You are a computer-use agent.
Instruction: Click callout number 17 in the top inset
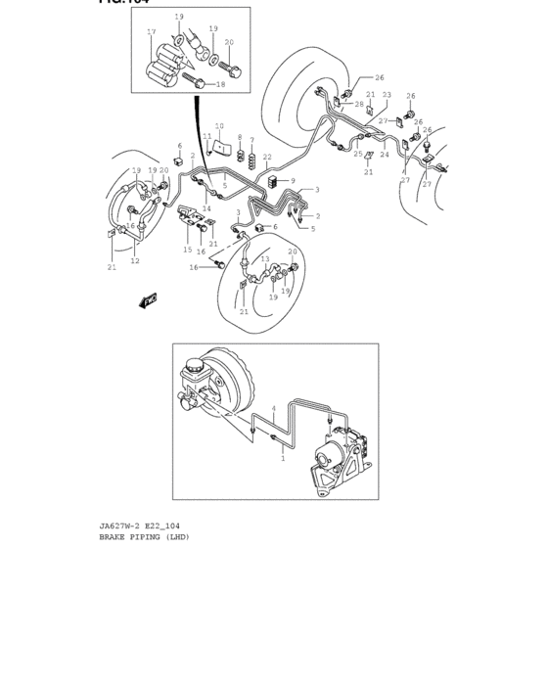click(152, 32)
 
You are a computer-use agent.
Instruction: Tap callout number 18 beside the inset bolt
click(220, 85)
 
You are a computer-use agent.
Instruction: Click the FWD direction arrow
click(149, 300)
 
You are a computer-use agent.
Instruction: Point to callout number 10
click(219, 126)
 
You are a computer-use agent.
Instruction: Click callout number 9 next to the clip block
click(292, 181)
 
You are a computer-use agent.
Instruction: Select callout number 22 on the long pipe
click(267, 157)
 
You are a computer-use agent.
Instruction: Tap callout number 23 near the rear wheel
click(387, 95)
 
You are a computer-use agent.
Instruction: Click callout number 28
click(359, 105)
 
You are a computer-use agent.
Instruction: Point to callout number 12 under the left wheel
click(135, 261)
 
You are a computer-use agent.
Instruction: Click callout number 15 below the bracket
click(187, 250)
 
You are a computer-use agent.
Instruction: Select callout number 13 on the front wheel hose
click(265, 259)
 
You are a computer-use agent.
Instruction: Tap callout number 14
click(206, 208)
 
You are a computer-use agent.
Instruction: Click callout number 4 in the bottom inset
click(274, 408)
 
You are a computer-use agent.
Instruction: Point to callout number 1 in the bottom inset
click(283, 457)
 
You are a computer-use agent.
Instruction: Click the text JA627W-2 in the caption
click(118, 526)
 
